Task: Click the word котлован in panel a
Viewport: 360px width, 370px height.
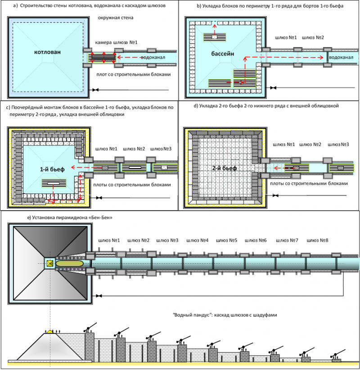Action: coord(47,52)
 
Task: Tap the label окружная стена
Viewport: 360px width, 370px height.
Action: coord(116,18)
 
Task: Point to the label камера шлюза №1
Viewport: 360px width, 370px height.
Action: coord(116,42)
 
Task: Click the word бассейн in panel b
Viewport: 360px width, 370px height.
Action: coord(222,54)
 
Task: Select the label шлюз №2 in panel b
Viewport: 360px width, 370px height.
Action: coord(313,37)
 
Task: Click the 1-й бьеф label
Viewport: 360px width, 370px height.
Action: coord(52,169)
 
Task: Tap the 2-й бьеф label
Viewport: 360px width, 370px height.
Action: coord(225,168)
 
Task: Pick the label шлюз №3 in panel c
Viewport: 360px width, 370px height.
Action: coord(161,149)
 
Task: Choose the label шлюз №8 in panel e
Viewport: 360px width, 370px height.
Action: coord(317,240)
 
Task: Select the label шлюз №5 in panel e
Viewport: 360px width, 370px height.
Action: coord(226,240)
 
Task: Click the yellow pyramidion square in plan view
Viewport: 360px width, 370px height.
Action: coord(50,263)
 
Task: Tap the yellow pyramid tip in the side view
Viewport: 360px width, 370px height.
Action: coord(50,331)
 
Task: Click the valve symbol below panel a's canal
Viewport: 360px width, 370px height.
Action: coord(95,90)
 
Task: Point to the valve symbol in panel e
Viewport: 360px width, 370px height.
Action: coord(99,296)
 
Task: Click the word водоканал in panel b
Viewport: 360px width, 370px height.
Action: coord(341,57)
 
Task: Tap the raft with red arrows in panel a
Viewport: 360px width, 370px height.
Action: coord(103,58)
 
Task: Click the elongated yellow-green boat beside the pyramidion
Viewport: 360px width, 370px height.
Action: coord(70,263)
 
